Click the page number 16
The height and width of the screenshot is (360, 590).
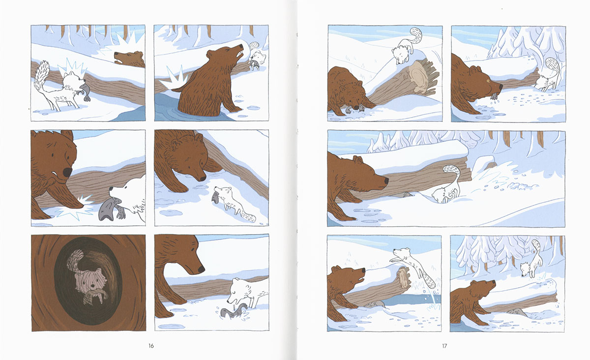[x=151, y=346]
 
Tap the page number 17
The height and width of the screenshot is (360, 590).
[x=444, y=346]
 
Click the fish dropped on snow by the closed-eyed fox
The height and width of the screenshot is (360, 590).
[x=233, y=312]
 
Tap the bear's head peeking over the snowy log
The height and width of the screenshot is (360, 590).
[x=129, y=59]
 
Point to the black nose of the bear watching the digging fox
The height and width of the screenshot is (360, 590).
[x=386, y=181]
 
